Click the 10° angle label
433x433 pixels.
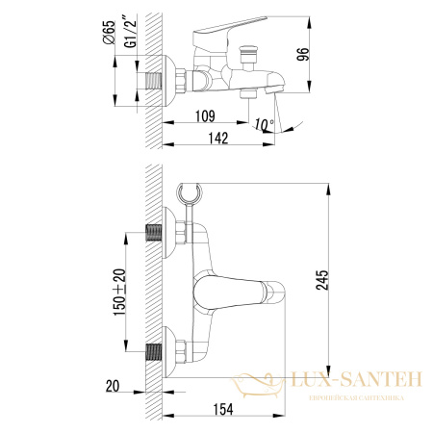pyautogui.click(x=265, y=122)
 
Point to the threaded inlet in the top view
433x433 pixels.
pyautogui.click(x=153, y=80)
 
